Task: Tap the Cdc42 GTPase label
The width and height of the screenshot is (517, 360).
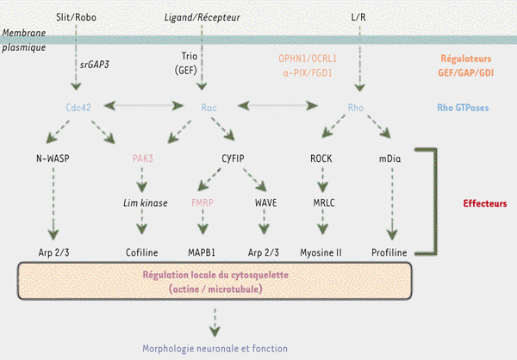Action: click(78, 109)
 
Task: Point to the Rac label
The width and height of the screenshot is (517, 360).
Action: click(208, 109)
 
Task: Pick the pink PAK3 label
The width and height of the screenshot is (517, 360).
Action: click(142, 158)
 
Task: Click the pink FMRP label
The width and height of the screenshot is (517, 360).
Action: click(204, 203)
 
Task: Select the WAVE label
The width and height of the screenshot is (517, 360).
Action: click(265, 203)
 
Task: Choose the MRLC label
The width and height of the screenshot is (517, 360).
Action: click(323, 203)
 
